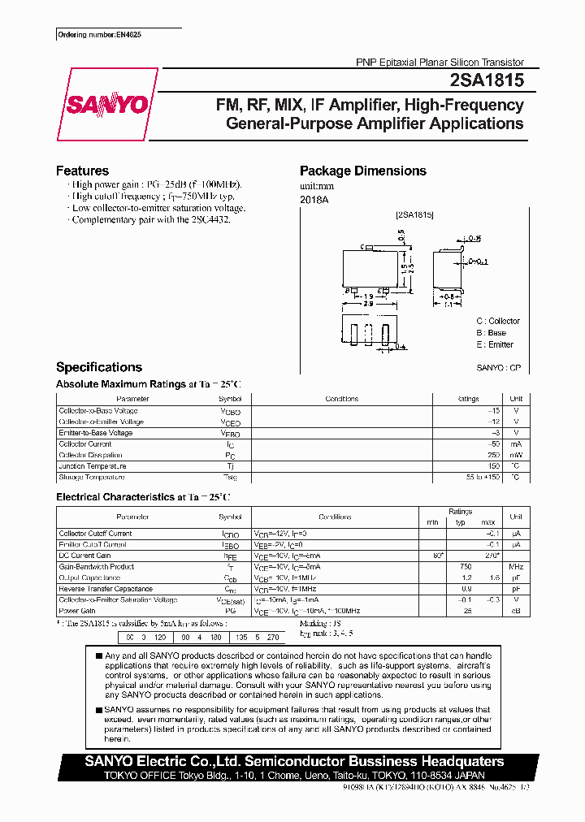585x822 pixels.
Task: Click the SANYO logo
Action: tap(106, 105)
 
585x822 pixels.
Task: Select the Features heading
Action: tap(82, 171)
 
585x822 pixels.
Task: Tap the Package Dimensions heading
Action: tap(362, 171)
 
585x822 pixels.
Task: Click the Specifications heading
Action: tap(98, 367)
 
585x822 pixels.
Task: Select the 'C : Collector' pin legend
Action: tap(497, 321)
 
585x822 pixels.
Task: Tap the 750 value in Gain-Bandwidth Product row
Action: tap(466, 566)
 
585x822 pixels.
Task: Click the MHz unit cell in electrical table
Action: tap(515, 566)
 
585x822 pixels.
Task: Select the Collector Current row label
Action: tap(85, 444)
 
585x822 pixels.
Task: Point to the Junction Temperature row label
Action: tap(92, 467)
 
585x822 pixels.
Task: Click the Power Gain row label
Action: tap(77, 611)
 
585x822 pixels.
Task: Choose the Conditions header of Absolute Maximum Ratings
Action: tap(341, 399)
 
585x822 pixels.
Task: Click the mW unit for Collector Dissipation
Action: tap(515, 456)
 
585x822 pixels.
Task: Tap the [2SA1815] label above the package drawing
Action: tap(414, 214)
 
